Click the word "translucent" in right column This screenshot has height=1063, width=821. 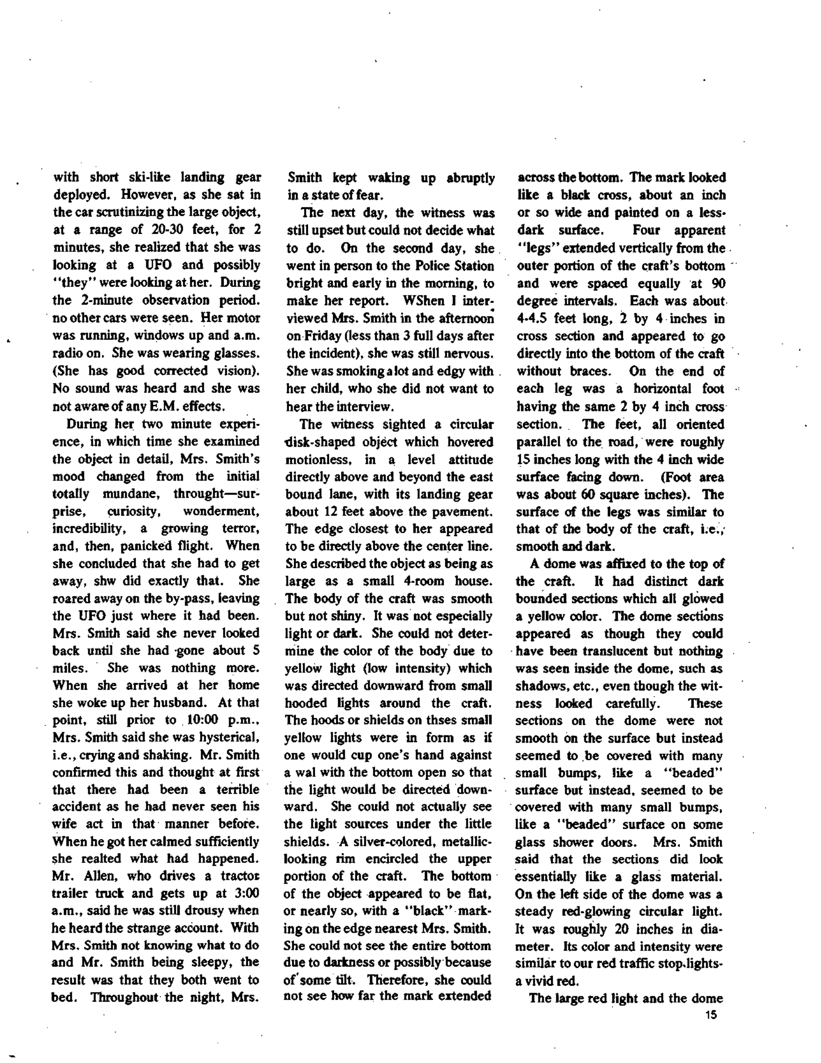(619, 651)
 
